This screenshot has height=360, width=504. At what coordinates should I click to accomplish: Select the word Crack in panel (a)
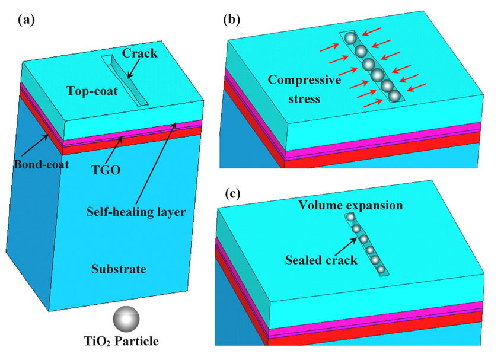(x=140, y=53)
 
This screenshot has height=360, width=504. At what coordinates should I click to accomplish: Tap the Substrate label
(x=119, y=269)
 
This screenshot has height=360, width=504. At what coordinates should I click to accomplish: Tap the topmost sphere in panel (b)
(x=350, y=39)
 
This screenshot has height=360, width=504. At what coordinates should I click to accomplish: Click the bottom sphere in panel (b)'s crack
(x=395, y=94)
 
